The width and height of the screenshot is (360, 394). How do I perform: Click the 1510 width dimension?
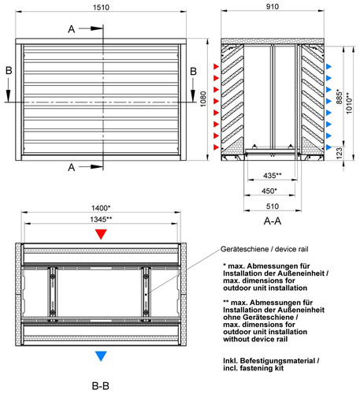101,7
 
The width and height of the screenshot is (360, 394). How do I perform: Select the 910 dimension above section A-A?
273,6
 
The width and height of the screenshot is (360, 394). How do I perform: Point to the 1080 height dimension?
203,99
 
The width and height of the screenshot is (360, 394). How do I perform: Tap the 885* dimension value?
340,96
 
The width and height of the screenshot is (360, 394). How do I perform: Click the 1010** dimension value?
349,102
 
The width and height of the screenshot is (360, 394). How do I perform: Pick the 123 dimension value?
340,153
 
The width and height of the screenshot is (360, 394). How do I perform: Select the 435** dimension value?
273,175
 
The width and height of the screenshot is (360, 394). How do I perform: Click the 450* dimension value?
269,191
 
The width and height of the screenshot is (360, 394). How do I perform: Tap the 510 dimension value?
273,206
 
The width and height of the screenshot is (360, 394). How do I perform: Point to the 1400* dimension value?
101,208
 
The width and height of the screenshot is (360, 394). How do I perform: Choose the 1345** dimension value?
101,219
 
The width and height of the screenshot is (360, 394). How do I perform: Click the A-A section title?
273,221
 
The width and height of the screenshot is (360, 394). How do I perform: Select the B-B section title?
101,386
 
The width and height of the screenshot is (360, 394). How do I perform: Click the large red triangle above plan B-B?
101,234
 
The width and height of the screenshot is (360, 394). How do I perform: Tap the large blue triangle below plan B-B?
101,356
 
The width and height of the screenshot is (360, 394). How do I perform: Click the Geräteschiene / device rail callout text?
265,249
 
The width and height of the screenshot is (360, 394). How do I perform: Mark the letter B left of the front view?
9,70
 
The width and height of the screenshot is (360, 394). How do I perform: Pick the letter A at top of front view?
72,29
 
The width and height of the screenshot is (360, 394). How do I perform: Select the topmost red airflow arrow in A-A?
216,66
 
